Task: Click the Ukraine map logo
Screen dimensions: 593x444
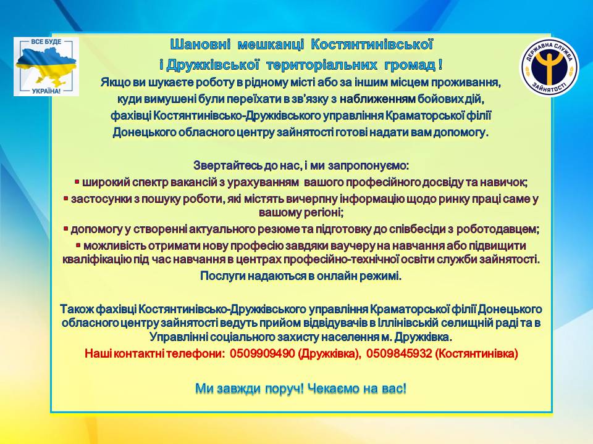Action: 46,67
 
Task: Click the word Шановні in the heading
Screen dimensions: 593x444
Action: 200,44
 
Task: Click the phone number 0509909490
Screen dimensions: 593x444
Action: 262,353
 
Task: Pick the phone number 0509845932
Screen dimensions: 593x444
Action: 399,353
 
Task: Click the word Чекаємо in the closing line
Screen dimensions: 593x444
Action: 333,388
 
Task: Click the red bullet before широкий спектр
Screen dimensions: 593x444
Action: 77,183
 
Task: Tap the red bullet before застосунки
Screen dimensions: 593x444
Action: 66,198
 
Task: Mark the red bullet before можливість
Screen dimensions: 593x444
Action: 78,245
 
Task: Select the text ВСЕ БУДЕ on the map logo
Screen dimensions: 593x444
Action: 46,41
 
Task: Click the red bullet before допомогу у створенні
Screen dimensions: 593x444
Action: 66,229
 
